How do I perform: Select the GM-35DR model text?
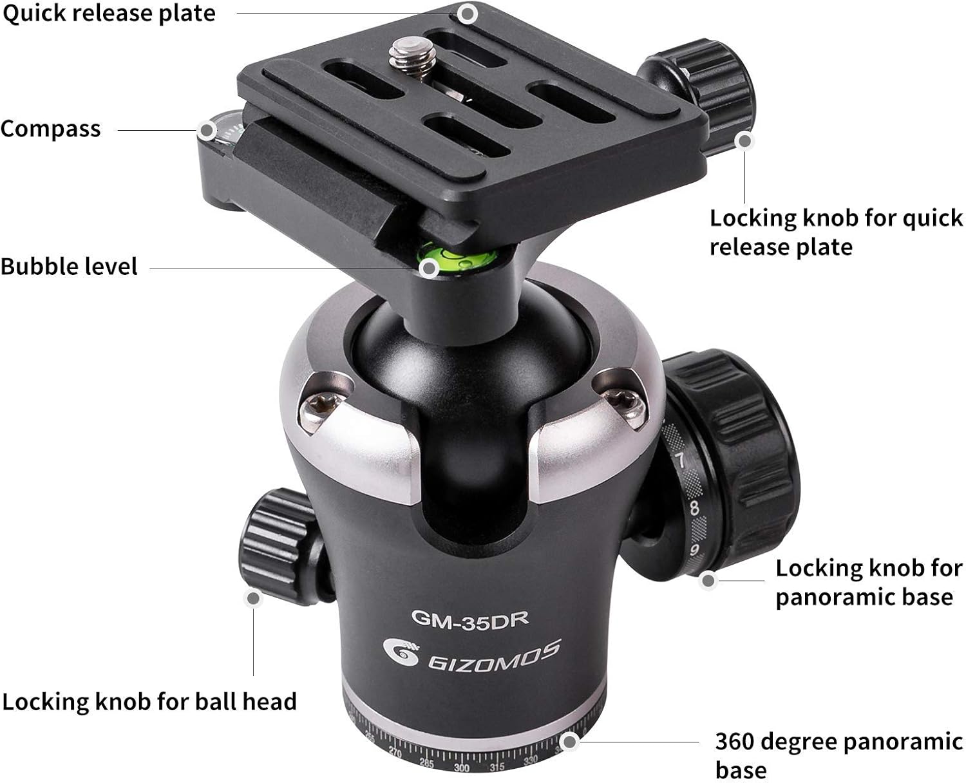tap(470, 619)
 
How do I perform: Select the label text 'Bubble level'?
tap(69, 267)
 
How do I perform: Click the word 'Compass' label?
tap(51, 129)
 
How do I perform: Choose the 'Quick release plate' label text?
tap(109, 14)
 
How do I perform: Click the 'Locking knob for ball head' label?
tap(149, 701)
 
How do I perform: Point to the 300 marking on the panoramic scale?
tap(462, 768)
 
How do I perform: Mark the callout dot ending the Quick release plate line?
tap(469, 13)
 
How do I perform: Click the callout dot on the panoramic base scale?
tap(569, 742)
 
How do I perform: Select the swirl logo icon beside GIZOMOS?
tap(401, 653)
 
